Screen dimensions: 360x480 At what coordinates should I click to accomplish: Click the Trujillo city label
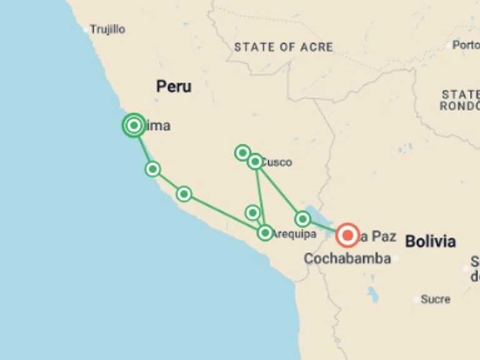point(107,29)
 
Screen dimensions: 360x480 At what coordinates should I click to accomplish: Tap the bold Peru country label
point(174,87)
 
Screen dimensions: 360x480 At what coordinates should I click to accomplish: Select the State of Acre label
point(283,47)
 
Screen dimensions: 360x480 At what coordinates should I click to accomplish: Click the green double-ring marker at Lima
point(134,126)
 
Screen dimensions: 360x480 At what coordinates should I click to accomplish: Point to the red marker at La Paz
point(347,236)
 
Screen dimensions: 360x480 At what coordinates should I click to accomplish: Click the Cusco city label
point(277,162)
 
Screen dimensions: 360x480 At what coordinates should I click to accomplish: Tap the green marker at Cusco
point(255,162)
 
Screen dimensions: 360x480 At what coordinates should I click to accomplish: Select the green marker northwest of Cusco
point(242,152)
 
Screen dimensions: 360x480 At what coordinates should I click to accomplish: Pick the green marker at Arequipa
point(265,233)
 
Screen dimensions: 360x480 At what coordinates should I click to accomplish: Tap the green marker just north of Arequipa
point(252,213)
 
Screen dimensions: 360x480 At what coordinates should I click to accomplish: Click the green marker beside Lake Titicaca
point(303,219)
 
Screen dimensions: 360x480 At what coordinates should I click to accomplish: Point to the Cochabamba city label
point(347,258)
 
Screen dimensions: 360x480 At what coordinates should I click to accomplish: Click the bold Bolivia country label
point(430,241)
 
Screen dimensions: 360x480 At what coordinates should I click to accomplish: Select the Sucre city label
point(435,299)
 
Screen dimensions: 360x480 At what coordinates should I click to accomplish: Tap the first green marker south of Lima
point(152,169)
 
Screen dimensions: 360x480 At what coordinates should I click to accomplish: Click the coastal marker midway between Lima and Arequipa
point(184,194)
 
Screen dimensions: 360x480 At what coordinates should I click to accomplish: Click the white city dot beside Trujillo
point(86,29)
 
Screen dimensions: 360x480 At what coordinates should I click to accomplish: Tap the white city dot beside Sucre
point(416,299)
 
